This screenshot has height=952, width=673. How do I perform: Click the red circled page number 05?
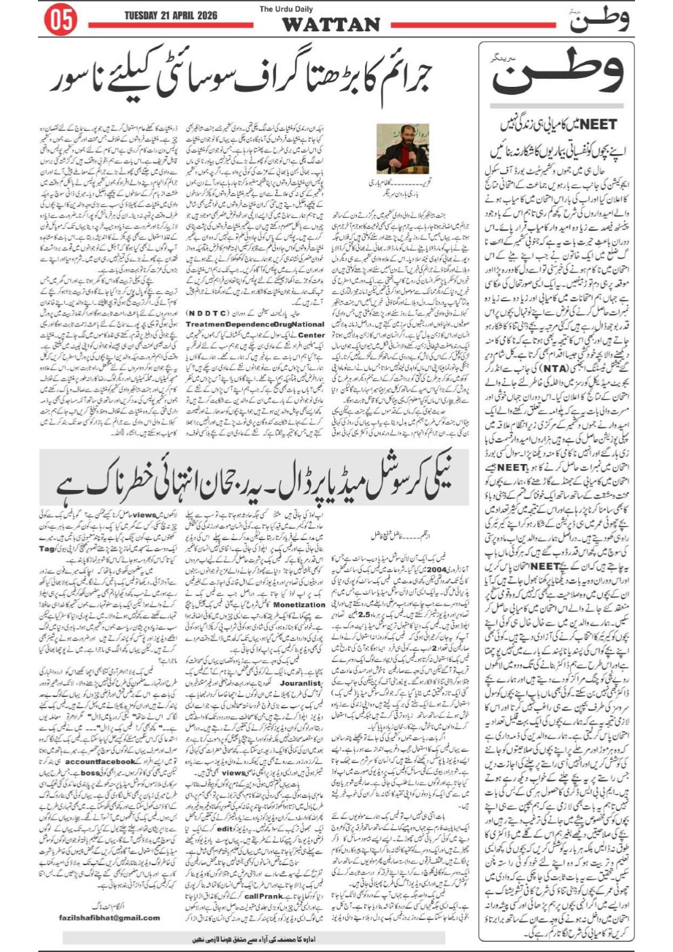click(x=60, y=20)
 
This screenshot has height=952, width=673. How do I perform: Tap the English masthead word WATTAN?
click(x=330, y=25)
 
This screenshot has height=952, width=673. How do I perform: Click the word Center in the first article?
click(x=311, y=335)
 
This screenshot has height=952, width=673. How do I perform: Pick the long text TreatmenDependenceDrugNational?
click(x=255, y=325)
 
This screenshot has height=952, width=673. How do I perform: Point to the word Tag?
click(x=47, y=548)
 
